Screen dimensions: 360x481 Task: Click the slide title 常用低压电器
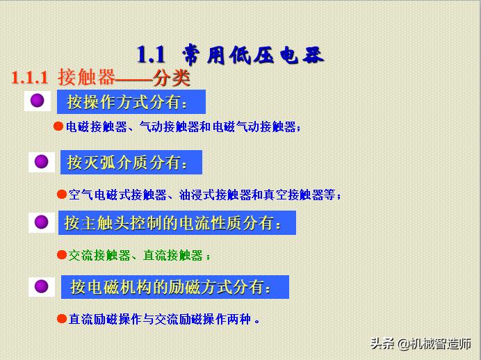pyautogui.click(x=253, y=54)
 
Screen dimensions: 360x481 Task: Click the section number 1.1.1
pyautogui.click(x=30, y=77)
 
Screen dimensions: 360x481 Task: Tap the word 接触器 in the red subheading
pyautogui.click(x=86, y=76)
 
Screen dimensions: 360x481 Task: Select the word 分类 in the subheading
pyautogui.click(x=172, y=77)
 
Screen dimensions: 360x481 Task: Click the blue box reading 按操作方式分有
pyautogui.click(x=131, y=102)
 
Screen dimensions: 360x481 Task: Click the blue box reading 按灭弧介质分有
pyautogui.click(x=131, y=163)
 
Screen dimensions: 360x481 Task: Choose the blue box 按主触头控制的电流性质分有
pyautogui.click(x=177, y=223)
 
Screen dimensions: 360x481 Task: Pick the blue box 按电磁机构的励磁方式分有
pyautogui.click(x=174, y=286)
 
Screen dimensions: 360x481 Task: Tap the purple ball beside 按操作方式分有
pyautogui.click(x=38, y=101)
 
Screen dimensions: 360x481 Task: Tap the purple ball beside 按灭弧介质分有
pyautogui.click(x=41, y=162)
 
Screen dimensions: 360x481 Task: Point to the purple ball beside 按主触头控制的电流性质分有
pyautogui.click(x=41, y=222)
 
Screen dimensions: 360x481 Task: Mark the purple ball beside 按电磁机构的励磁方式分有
pyautogui.click(x=41, y=286)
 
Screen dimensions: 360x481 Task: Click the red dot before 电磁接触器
pyautogui.click(x=59, y=126)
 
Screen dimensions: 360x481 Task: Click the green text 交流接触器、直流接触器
pyautogui.click(x=136, y=255)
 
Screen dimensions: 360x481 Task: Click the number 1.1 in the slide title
pyautogui.click(x=151, y=54)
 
